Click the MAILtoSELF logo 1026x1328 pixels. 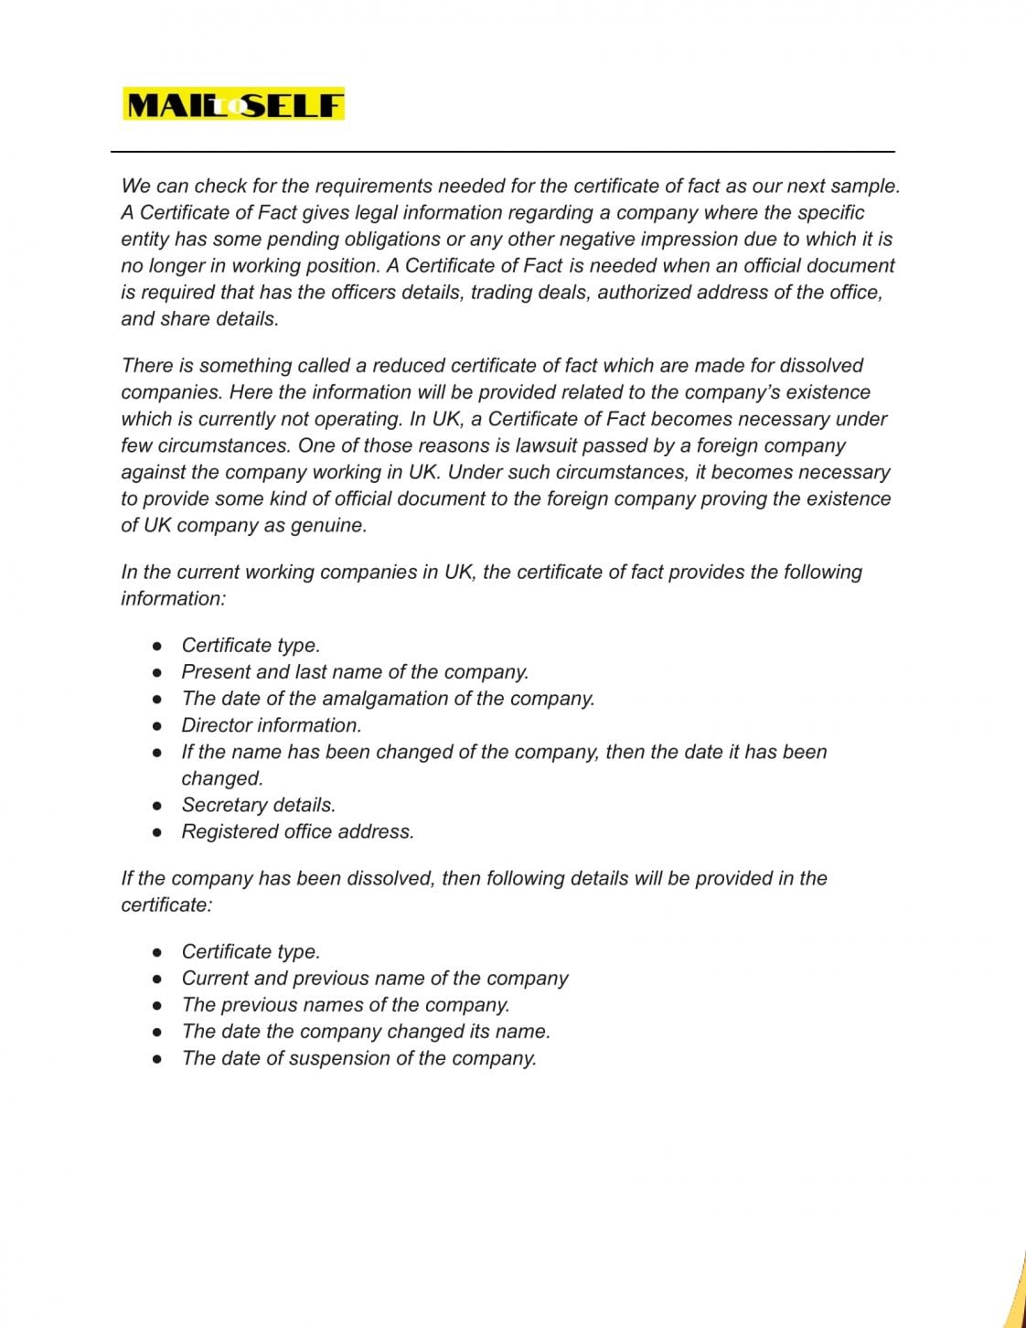[x=234, y=105]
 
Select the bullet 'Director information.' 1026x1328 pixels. [x=272, y=725]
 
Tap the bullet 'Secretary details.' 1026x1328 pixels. [x=259, y=805]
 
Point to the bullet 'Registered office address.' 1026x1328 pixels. [x=297, y=831]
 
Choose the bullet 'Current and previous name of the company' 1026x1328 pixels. [x=375, y=978]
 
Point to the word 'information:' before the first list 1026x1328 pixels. [x=173, y=599]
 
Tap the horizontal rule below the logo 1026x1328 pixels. [x=503, y=152]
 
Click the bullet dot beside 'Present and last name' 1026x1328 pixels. [x=158, y=673]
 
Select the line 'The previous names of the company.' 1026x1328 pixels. [x=346, y=1005]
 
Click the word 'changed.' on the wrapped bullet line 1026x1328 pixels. [x=222, y=779]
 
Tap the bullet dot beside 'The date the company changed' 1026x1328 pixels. [x=158, y=1033]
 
